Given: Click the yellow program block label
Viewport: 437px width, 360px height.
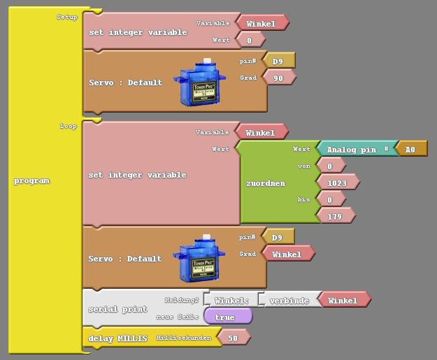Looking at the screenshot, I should [x=32, y=181].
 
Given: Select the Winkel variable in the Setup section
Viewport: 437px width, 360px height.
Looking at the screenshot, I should [x=262, y=23].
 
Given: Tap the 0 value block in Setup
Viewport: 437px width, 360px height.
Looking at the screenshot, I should [x=250, y=41].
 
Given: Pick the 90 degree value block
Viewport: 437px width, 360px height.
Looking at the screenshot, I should [x=279, y=78].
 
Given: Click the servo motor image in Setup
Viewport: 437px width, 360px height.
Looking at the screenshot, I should [x=203, y=83].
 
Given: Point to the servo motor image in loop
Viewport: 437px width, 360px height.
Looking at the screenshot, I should [x=203, y=259].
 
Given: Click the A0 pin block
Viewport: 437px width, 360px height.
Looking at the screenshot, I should [x=410, y=150].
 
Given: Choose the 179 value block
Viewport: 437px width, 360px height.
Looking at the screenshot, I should [x=335, y=217].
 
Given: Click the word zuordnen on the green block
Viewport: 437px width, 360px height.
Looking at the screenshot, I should [x=266, y=183].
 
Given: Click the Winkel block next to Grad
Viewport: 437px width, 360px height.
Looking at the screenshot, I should [x=287, y=254].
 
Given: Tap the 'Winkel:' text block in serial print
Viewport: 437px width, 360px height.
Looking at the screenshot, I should [x=231, y=301].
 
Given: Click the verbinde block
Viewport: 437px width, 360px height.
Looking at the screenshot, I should [x=289, y=301].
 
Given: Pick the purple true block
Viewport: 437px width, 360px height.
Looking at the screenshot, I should [x=226, y=317].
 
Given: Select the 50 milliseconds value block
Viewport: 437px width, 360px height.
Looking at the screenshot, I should [x=232, y=338].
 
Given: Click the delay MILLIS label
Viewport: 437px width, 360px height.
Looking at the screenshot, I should [x=118, y=338].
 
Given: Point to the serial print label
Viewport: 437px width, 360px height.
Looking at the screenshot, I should [x=117, y=309].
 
